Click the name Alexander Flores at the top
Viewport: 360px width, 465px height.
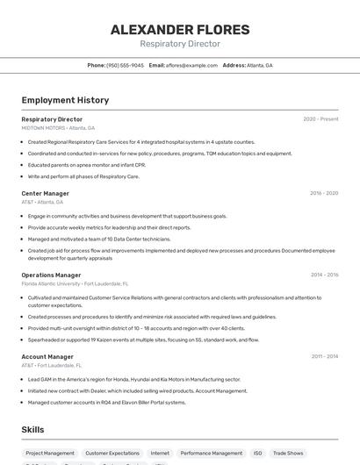coord(180,30)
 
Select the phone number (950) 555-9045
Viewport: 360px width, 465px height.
coord(125,65)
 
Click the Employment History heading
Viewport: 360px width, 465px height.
coord(65,100)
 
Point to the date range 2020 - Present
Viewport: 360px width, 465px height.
coord(320,119)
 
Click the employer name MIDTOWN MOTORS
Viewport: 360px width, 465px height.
coord(43,127)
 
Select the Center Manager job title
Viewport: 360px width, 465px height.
coord(45,193)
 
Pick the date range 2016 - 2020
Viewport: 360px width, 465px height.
coord(323,193)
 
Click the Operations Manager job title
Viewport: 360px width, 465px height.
coord(51,275)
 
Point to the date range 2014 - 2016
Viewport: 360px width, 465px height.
coord(323,275)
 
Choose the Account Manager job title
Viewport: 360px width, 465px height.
coord(47,356)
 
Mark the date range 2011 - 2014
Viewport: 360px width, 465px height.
coord(323,356)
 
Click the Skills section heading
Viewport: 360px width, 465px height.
coord(33,429)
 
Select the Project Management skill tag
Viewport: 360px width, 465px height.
coord(49,454)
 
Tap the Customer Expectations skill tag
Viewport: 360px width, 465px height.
coord(112,454)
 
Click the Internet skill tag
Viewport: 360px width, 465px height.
coord(160,454)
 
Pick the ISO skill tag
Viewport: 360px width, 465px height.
coord(257,454)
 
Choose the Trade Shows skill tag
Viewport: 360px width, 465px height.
coord(288,454)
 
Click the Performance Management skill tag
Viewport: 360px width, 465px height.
coord(211,454)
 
